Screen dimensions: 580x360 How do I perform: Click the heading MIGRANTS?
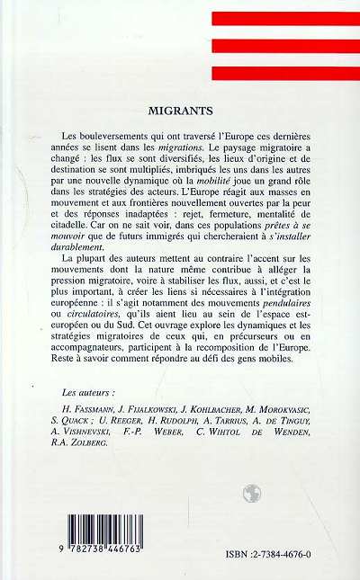pos(180,113)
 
